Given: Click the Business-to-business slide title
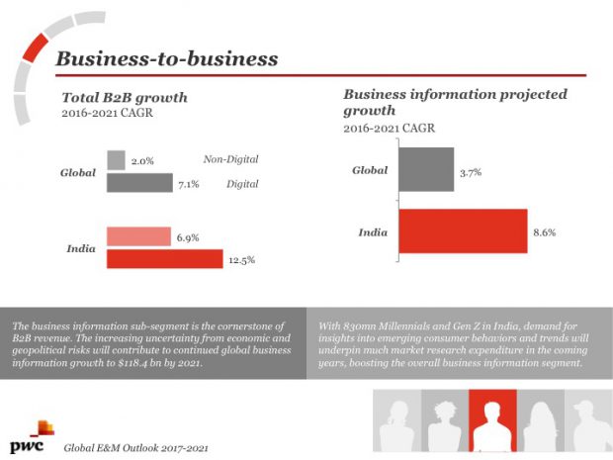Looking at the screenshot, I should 166,58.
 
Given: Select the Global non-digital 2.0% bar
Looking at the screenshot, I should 115,160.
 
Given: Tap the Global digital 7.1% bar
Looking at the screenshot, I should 139,183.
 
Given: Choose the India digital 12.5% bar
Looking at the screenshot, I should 163,259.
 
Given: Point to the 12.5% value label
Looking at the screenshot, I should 242,260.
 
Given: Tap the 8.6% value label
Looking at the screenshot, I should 546,232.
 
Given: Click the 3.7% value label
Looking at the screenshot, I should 471,172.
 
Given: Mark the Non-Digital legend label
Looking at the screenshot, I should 230,160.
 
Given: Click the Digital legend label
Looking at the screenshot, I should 242,183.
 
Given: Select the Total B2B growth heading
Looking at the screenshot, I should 125,98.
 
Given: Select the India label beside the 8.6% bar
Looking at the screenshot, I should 373,232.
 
